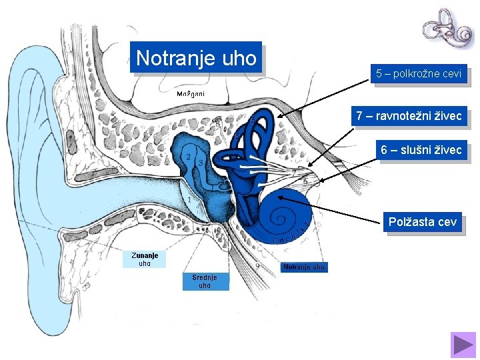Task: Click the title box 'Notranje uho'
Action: [x=196, y=57]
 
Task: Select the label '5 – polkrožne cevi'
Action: [x=418, y=74]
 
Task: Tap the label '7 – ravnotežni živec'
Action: [x=408, y=117]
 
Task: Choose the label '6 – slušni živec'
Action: [x=421, y=151]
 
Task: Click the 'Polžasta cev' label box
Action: [x=423, y=221]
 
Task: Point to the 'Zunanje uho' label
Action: [x=144, y=259]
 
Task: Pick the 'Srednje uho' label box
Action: [x=205, y=281]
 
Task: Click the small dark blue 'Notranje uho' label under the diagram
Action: [x=304, y=267]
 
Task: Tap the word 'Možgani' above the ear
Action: [x=191, y=93]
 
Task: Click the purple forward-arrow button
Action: [x=463, y=344]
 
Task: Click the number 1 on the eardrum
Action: [x=189, y=199]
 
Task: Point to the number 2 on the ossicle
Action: [x=189, y=157]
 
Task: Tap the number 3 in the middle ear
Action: [x=200, y=163]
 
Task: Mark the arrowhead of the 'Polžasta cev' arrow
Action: [x=279, y=196]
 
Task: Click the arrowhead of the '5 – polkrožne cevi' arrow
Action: [x=279, y=116]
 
